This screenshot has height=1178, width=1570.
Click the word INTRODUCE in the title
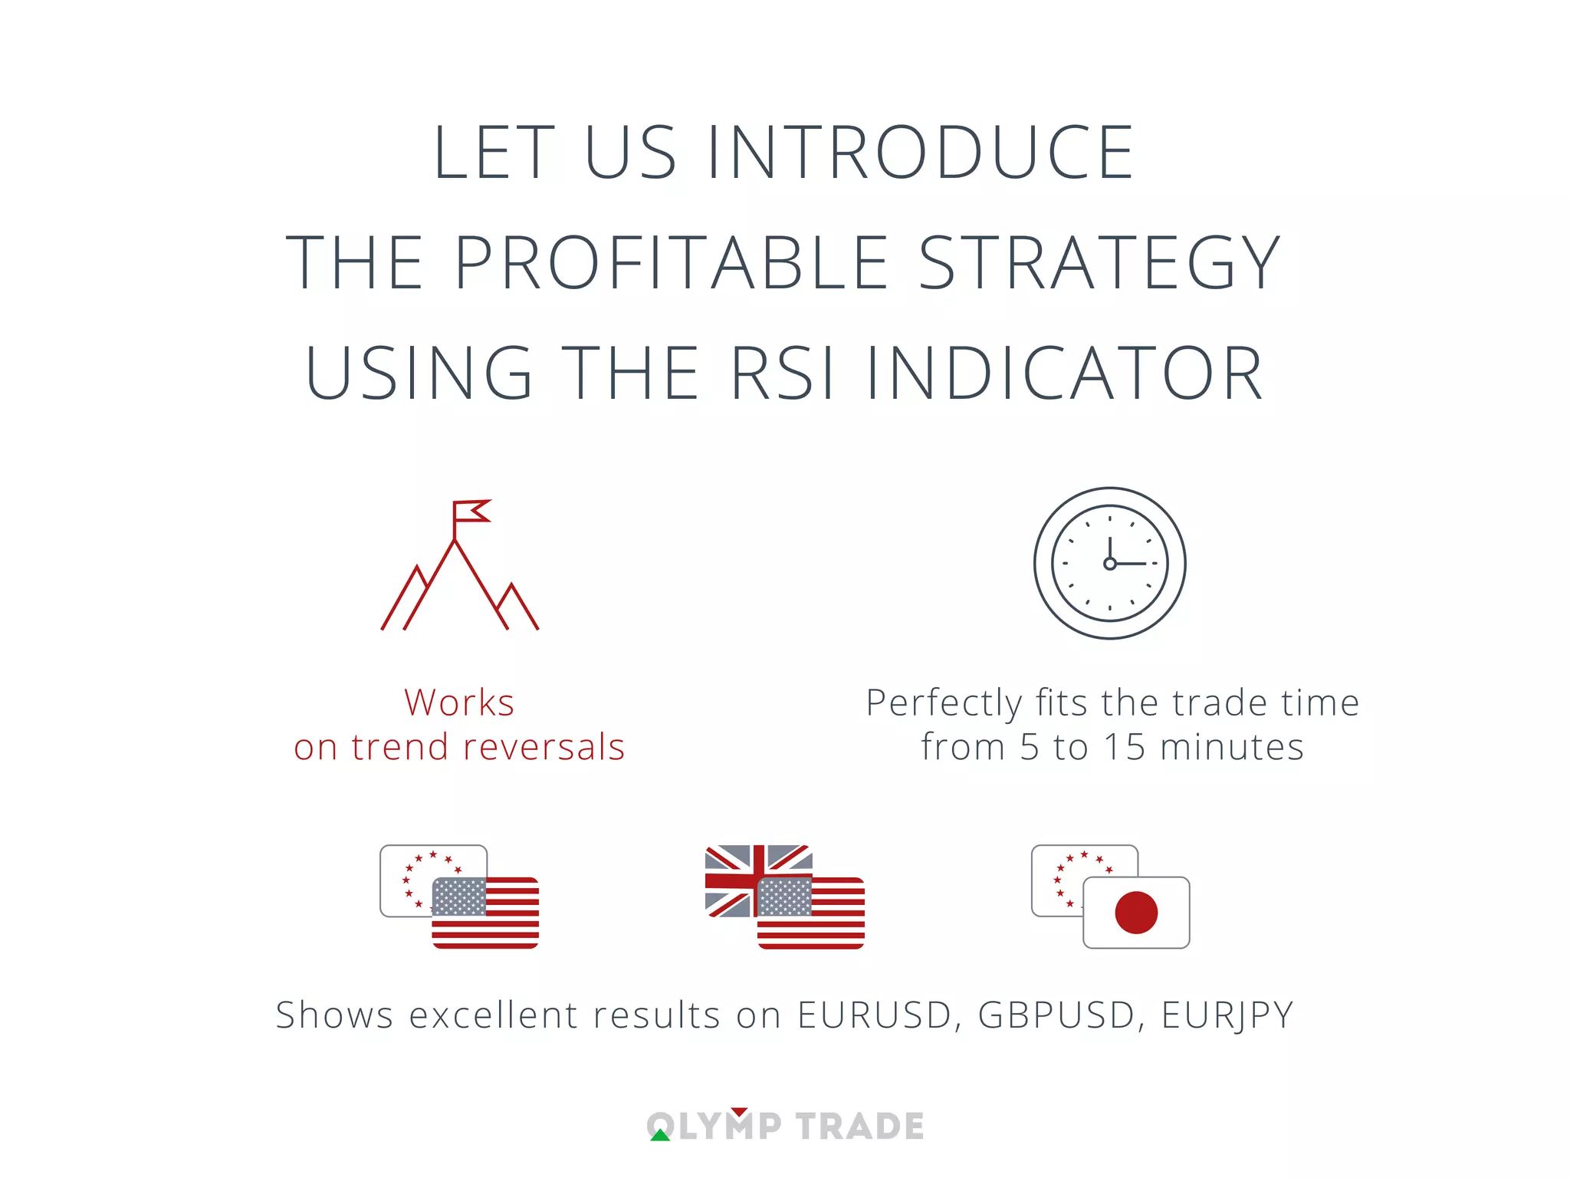point(920,153)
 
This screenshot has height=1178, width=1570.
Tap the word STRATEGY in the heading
point(1099,263)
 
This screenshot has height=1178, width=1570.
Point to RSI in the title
point(783,373)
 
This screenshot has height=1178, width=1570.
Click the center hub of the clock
point(1109,564)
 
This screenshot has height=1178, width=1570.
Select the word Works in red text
point(459,703)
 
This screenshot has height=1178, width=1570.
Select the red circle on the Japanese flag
point(1136,913)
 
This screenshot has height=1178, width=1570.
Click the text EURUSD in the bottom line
point(875,1015)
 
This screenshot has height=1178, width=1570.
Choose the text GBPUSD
point(1056,1015)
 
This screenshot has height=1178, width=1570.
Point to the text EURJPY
point(1227,1015)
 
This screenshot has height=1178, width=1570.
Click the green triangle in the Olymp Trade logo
point(660,1135)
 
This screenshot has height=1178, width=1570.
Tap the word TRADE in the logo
point(859,1127)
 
